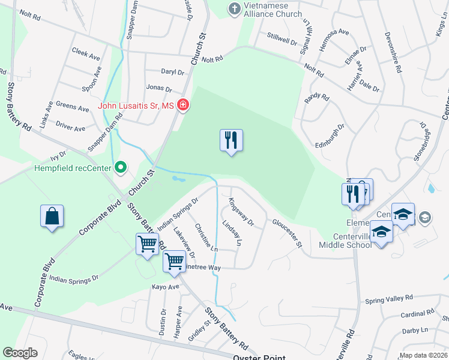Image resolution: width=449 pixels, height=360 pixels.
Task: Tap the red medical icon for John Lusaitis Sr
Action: pyautogui.click(x=183, y=106)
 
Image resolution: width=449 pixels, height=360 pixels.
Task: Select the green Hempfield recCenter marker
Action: pyautogui.click(x=121, y=167)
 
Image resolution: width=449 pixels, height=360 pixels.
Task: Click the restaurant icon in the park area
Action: pyautogui.click(x=232, y=141)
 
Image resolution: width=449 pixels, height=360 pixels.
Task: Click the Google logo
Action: pyautogui.click(x=20, y=353)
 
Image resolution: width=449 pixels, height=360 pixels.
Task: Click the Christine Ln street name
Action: pyautogui.click(x=205, y=238)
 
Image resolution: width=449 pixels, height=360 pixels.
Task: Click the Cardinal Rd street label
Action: pyautogui.click(x=414, y=313)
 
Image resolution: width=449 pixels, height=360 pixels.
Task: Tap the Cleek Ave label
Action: pyautogui.click(x=85, y=55)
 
